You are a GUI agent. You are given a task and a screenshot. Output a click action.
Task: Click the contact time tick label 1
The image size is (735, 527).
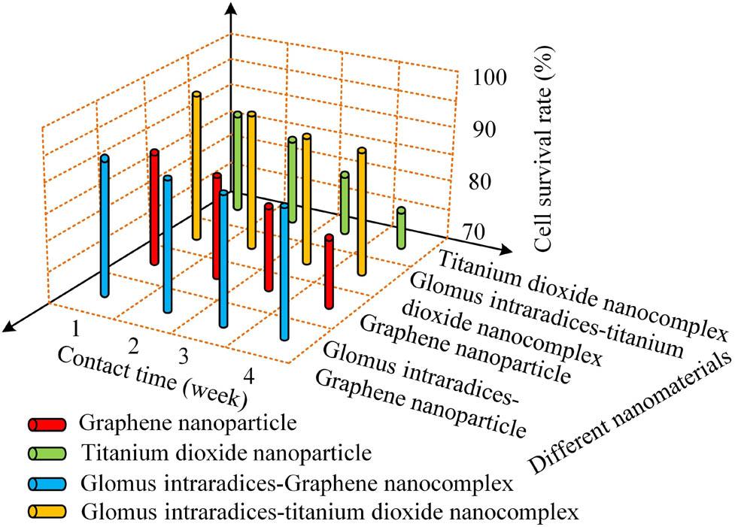tap(76, 328)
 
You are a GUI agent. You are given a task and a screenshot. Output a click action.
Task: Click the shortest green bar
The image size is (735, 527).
tap(401, 229)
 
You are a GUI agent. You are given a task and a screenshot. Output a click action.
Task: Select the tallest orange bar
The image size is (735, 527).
tap(196, 165)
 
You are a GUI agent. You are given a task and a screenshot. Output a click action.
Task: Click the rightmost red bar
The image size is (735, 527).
tap(329, 271)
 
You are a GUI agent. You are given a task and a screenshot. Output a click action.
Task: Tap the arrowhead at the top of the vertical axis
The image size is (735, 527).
tap(232, 9)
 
